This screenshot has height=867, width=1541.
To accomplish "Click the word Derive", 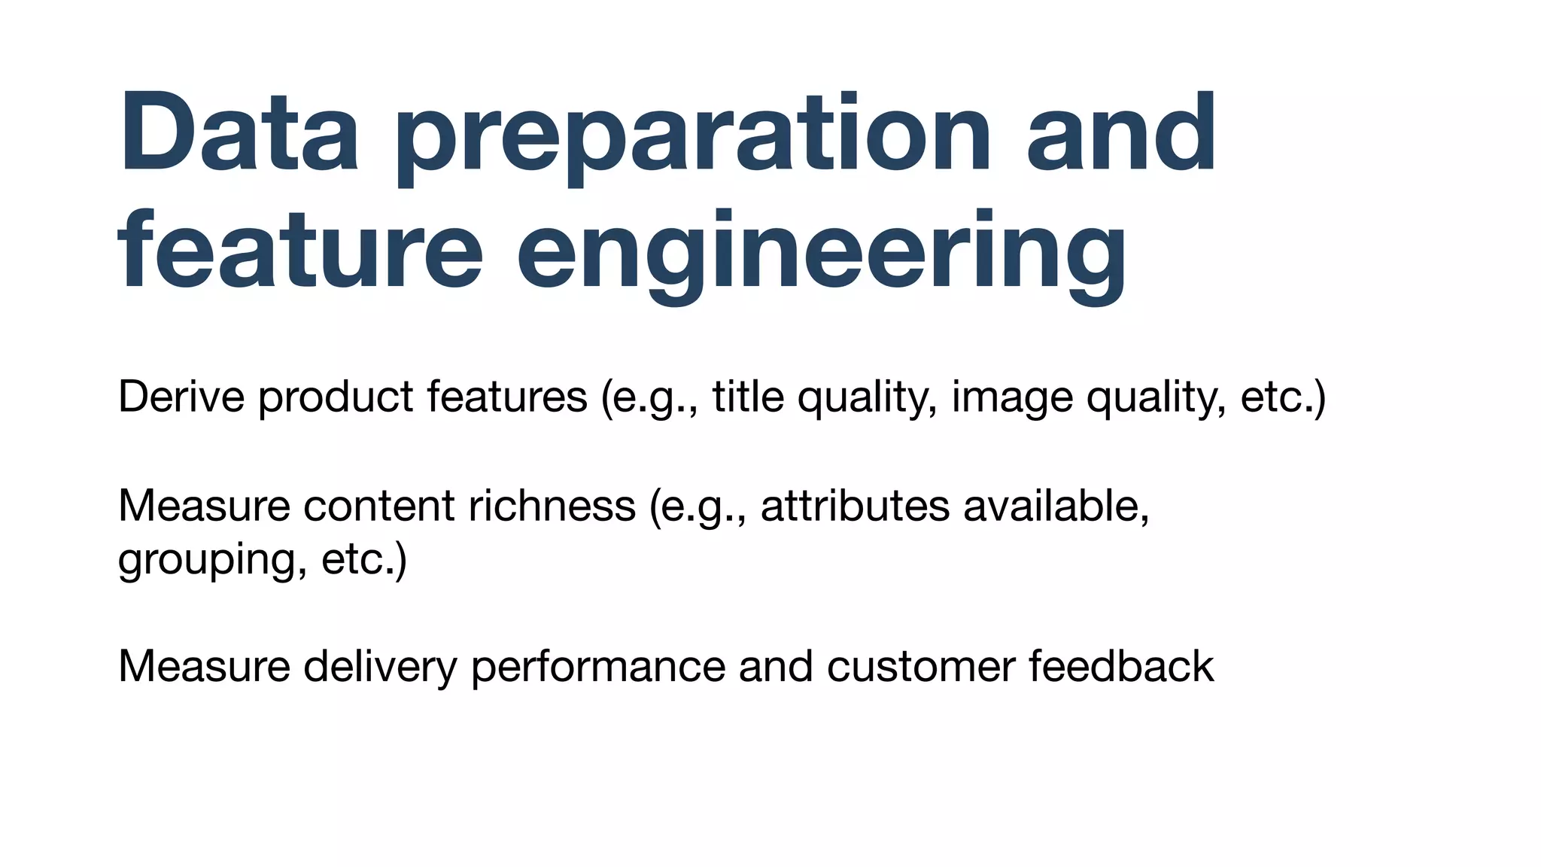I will (x=181, y=397).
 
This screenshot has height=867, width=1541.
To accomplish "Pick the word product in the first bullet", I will (x=336, y=397).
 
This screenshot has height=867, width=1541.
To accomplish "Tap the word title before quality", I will (x=748, y=397).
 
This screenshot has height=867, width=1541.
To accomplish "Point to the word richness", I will (x=552, y=506).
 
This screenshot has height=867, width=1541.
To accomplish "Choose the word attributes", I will (x=855, y=506).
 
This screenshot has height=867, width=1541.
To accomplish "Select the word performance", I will (x=597, y=667).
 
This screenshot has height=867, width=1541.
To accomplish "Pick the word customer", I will (x=921, y=667).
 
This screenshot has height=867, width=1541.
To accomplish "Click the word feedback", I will (x=1121, y=667).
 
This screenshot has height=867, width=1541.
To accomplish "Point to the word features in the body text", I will (x=507, y=397).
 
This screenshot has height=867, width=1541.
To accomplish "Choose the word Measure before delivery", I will (x=204, y=667).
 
